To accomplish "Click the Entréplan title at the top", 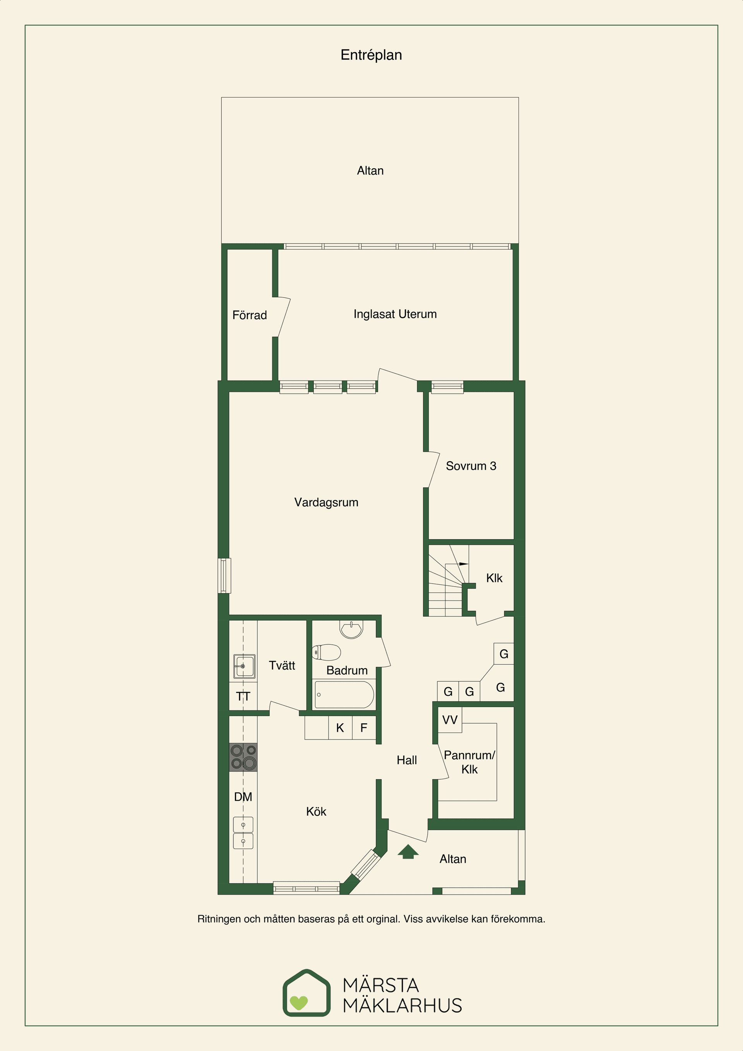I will click(371, 55).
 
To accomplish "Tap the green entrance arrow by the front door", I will click(408, 851).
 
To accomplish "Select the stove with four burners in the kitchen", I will click(243, 757).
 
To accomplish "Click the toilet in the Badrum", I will click(326, 652).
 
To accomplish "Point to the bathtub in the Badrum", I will click(344, 695).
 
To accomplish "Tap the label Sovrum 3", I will click(471, 466).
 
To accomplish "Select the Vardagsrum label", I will click(326, 503).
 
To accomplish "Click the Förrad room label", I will click(250, 315).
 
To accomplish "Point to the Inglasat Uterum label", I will click(395, 314).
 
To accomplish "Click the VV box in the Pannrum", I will click(450, 720).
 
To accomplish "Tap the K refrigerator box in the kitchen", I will click(340, 728).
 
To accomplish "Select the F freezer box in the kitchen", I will click(364, 728).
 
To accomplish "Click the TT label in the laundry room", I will click(243, 697).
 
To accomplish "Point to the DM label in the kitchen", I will click(243, 797).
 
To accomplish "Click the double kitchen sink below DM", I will click(243, 833).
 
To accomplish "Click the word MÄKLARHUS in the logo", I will click(402, 1005).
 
